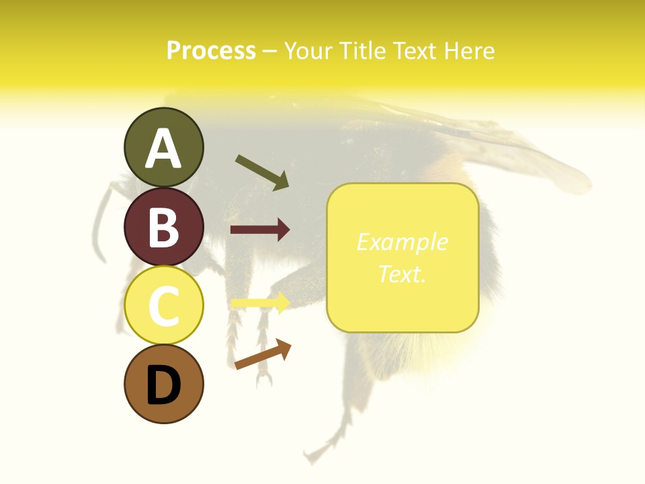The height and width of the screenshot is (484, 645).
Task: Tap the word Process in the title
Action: click(x=211, y=50)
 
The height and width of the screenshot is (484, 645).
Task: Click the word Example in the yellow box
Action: click(x=402, y=242)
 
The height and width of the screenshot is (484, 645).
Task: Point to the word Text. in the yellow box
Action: click(x=402, y=274)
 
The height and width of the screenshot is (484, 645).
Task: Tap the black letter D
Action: click(x=163, y=386)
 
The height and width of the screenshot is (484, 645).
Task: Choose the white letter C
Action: click(x=163, y=307)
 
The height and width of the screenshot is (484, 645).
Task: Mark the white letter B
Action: click(x=163, y=227)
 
